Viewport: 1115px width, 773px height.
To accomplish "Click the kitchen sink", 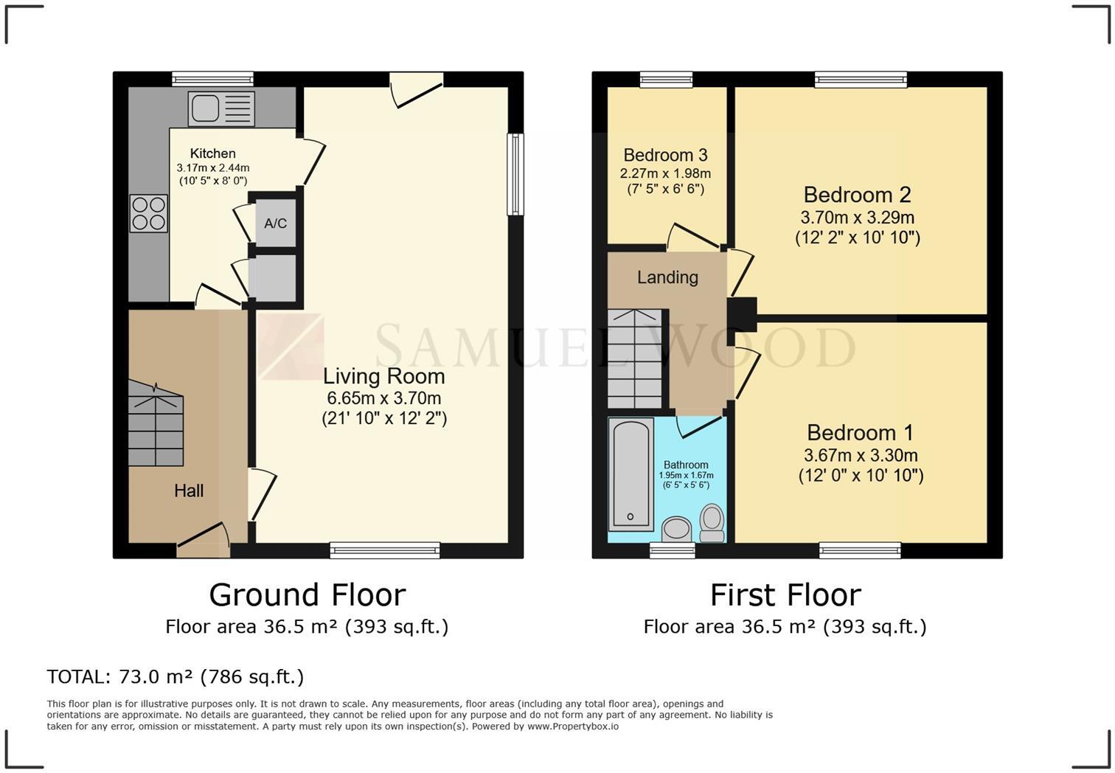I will pos(220,108).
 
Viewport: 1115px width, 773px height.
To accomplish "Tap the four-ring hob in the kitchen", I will pos(148,212).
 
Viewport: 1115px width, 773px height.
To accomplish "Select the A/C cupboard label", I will pos(276,223).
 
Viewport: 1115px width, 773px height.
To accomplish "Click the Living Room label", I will pos(383,376).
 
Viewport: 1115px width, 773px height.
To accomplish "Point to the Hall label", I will pos(189,491).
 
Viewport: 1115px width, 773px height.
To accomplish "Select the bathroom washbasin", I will pos(675,528).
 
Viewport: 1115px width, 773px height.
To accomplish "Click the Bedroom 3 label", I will pos(665,155).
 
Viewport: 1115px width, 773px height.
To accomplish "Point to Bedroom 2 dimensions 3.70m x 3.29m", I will pos(857,218).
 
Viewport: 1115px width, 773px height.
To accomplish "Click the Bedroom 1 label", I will pos(860,432).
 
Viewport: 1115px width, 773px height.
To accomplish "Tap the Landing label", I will pos(667,277).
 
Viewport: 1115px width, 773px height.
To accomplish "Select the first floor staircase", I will pos(635,358).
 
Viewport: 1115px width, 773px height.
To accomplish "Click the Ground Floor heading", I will pos(307,595).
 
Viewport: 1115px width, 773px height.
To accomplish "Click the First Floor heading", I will pos(785,595).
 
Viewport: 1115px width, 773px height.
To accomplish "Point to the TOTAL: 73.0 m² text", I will pos(175,676).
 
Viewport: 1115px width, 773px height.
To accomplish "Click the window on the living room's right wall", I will pos(515,174).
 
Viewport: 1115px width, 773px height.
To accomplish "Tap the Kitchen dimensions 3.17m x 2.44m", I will pos(212,168).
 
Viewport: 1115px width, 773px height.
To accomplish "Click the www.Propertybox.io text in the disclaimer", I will pos(573,727).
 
